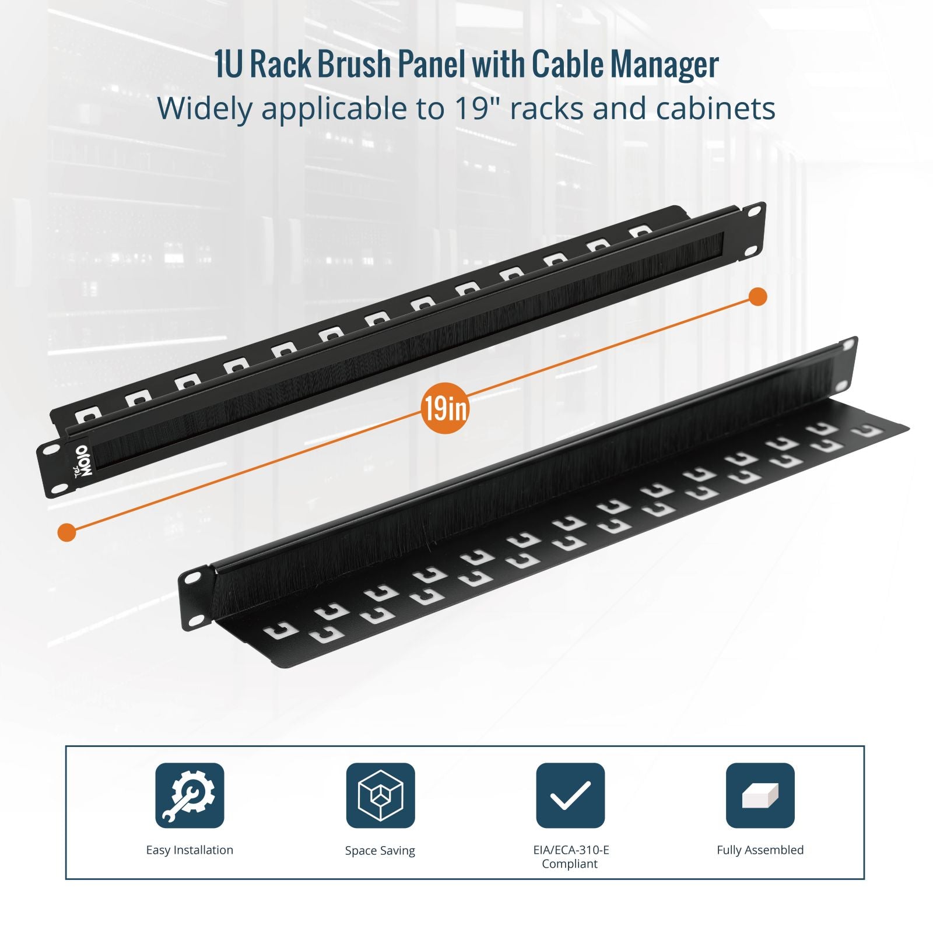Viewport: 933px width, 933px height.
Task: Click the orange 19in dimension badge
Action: (445, 408)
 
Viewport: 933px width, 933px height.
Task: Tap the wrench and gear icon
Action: (190, 795)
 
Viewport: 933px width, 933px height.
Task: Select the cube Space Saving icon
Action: (380, 795)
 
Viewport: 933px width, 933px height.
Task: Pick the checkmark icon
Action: (570, 795)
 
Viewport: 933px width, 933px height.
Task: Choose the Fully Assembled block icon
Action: (760, 795)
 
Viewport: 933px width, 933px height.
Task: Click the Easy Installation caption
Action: (190, 850)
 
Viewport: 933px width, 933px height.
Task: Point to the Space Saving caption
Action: (380, 851)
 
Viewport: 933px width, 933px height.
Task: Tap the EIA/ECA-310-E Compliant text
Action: (570, 857)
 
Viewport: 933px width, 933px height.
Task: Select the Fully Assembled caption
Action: (760, 850)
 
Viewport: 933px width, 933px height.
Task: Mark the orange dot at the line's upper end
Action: (757, 297)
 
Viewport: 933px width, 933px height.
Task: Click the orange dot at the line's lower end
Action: (67, 532)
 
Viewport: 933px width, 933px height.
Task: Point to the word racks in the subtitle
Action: (549, 108)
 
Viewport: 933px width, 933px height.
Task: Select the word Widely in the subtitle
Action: (205, 110)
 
